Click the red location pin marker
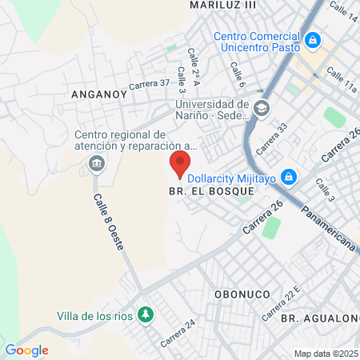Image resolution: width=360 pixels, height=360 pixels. (x=180, y=166)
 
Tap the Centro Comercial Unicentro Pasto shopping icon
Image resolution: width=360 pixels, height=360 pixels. (x=313, y=38)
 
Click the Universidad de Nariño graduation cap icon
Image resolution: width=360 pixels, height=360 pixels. (x=261, y=107)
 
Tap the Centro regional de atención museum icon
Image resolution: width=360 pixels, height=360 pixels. (x=97, y=165)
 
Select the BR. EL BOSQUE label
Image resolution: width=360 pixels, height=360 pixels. (x=211, y=192)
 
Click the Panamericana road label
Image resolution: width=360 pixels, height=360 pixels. (x=329, y=230)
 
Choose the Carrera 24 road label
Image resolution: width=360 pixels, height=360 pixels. (x=178, y=334)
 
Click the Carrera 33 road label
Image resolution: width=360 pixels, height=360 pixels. (x=270, y=138)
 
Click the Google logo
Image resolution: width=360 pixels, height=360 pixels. (x=26, y=350)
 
